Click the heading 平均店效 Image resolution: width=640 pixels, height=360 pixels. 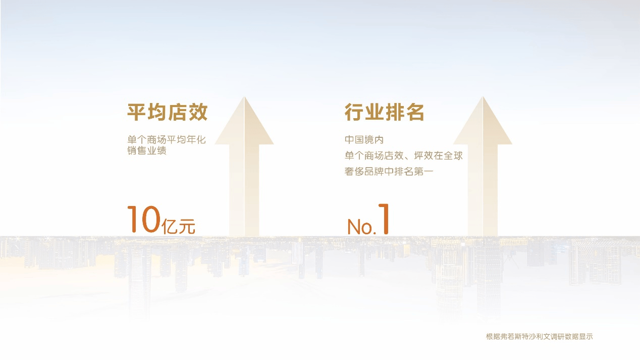click(x=167, y=112)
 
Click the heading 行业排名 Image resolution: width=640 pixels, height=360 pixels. click(x=384, y=112)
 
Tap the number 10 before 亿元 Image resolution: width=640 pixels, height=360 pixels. click(x=143, y=219)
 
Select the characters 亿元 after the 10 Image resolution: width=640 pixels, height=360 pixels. click(x=178, y=227)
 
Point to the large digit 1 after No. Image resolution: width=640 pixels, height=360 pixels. click(x=384, y=219)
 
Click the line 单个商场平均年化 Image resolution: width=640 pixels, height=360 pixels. click(x=167, y=140)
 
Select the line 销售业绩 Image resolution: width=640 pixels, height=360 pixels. click(x=147, y=150)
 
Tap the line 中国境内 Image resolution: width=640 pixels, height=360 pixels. click(x=364, y=140)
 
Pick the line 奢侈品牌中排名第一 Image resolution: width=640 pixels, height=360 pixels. click(x=389, y=172)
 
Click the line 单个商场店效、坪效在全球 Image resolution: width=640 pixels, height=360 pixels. click(x=403, y=156)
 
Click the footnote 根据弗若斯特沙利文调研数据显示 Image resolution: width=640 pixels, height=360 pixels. click(x=540, y=337)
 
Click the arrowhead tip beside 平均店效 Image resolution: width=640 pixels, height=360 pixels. click(x=244, y=97)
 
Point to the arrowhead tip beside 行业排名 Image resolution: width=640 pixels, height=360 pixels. click(x=483, y=97)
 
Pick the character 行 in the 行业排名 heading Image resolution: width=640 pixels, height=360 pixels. click(x=354, y=112)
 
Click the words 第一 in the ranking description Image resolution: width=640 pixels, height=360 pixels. click(x=423, y=172)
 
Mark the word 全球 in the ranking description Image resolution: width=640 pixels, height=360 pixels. click(x=453, y=156)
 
